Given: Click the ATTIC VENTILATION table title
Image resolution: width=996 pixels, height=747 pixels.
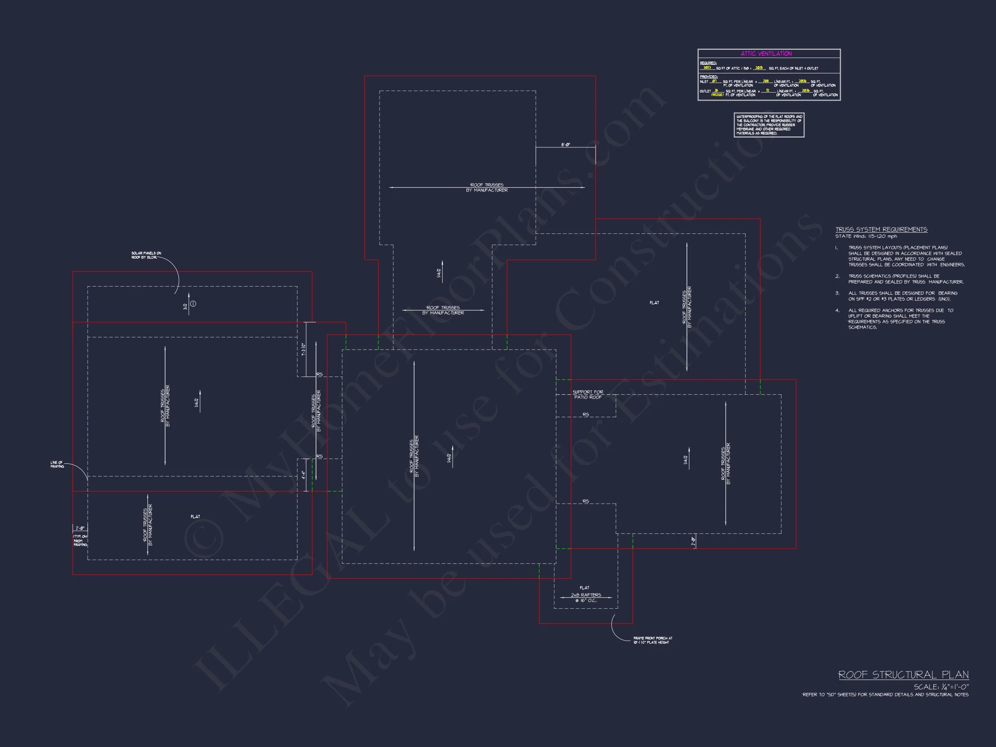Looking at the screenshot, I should coord(766,54).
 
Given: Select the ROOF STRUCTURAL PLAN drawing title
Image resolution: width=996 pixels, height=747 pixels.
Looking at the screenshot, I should coord(903,674).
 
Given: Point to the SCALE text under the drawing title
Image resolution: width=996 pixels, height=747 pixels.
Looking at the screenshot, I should coord(941,687).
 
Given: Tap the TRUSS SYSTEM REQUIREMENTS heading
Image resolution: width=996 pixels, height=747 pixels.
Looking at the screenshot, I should coord(881,230).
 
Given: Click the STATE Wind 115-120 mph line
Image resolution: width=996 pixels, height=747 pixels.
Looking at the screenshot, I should coord(866,236).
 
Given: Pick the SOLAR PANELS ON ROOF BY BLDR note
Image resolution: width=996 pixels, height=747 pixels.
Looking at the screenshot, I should coord(146,255).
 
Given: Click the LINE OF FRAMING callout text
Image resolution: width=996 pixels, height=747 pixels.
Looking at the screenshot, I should coord(57,465).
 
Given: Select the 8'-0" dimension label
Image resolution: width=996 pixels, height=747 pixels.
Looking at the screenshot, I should coord(565,144).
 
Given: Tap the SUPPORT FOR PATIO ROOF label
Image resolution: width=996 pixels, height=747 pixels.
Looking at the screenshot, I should coord(587,394).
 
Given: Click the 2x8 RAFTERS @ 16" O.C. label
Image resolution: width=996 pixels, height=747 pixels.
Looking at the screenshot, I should coord(586,597).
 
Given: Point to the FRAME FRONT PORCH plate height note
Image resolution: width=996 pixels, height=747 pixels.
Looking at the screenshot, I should coord(652,640).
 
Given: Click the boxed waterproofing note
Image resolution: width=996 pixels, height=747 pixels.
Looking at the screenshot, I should coord(769,125).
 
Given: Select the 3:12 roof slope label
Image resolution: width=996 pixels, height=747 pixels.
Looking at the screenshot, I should coord(185,306).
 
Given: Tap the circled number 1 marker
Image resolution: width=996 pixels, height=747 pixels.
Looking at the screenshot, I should coord(193,304).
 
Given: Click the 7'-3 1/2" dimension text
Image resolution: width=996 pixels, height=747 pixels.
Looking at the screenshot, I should coord(303,349).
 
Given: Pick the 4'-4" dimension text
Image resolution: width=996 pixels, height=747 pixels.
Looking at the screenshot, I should coord(303,475).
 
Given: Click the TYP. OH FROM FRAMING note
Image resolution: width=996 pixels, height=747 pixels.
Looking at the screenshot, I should coord(80,540).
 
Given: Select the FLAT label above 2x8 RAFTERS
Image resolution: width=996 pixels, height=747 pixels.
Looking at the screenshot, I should coord(584,587).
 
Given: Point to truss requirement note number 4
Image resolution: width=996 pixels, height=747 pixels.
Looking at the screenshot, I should coord(896,319).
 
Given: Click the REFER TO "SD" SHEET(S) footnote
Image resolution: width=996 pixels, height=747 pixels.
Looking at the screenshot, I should coord(885,695).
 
